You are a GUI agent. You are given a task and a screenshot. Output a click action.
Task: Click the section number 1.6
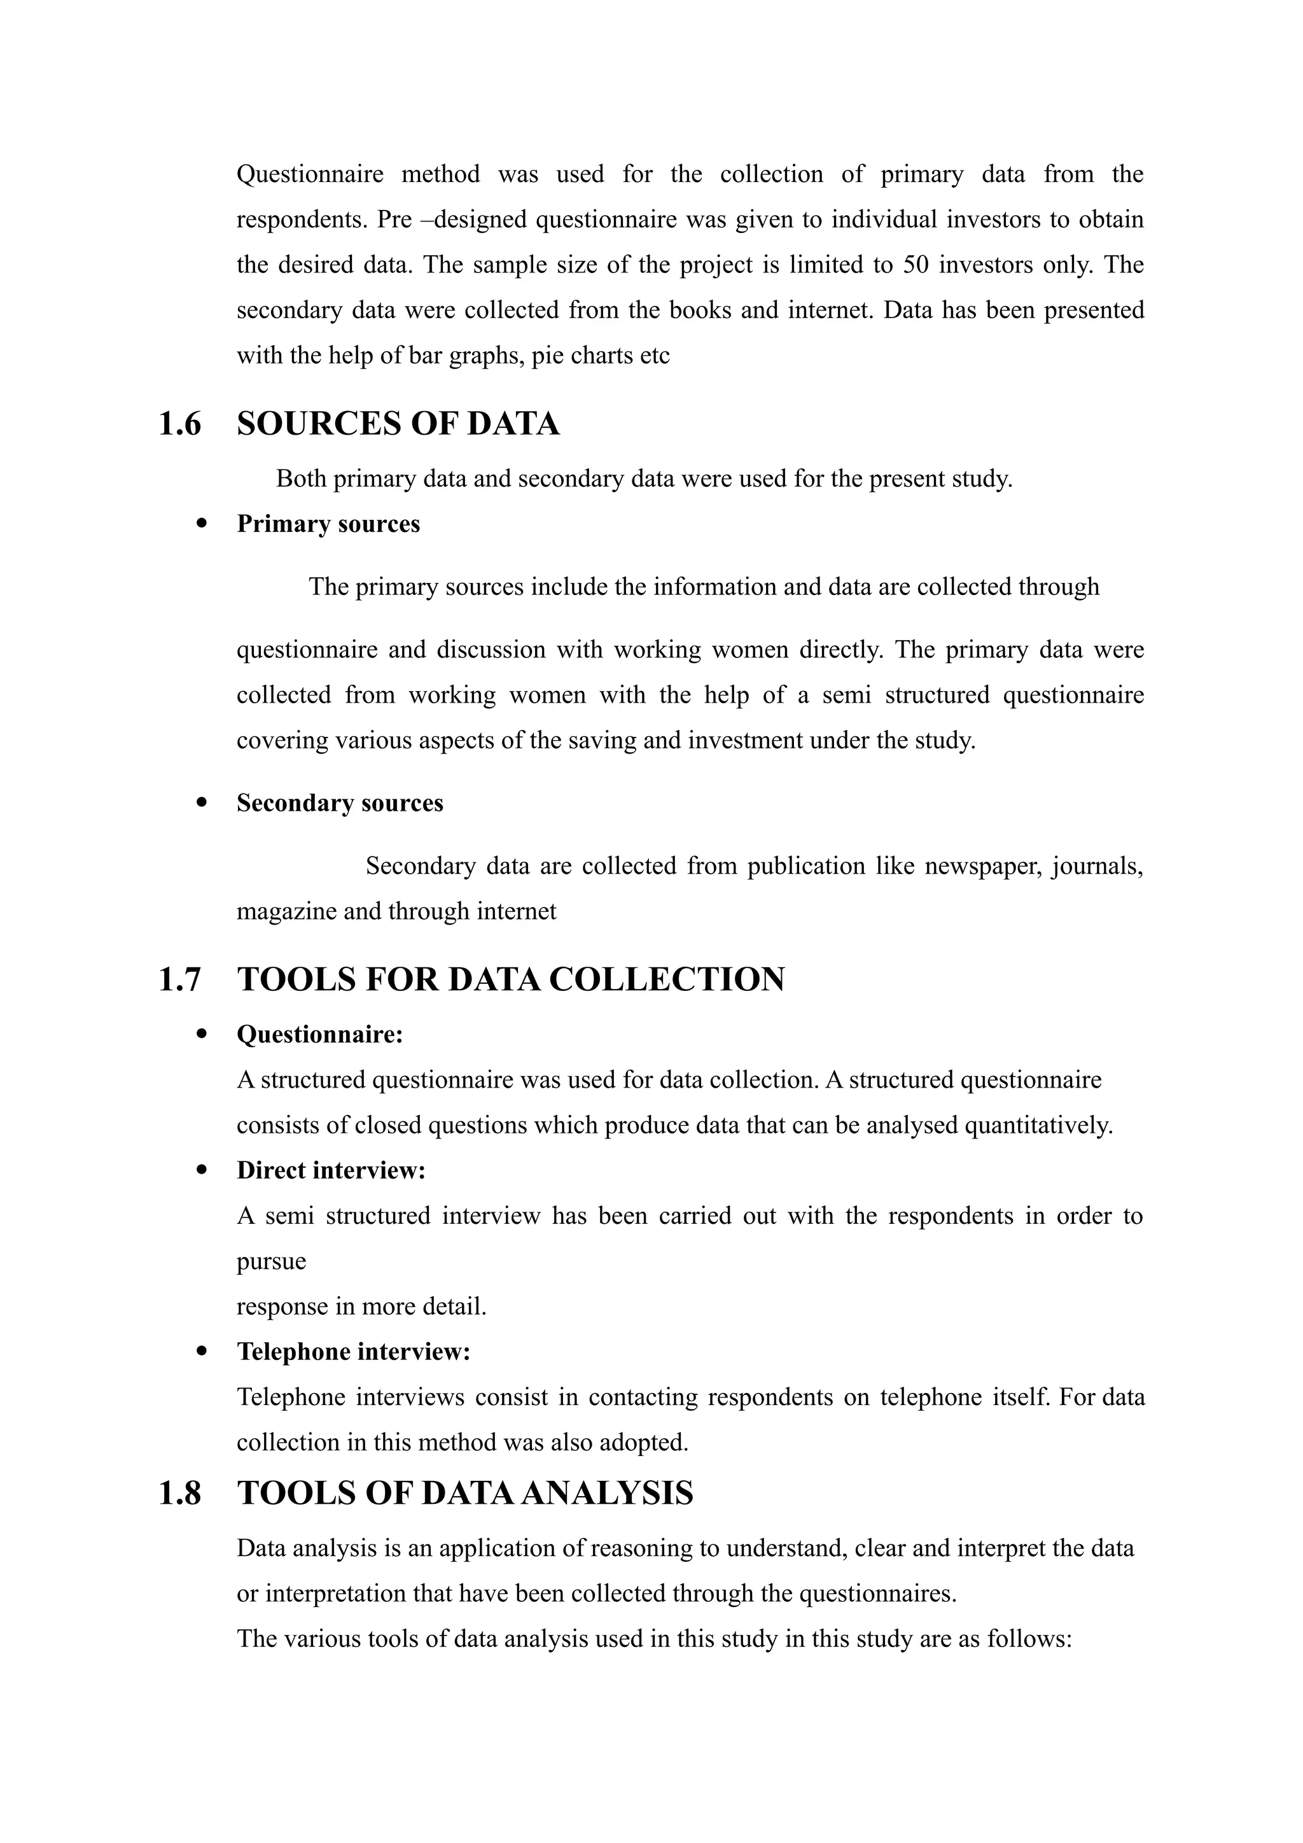pos(179,424)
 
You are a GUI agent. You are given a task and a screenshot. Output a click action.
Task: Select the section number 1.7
pos(179,980)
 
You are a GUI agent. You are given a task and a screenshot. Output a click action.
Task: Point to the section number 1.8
pos(179,1493)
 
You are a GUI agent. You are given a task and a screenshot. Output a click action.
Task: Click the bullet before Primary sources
pos(202,523)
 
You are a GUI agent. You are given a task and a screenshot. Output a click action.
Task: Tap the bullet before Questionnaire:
pos(202,1034)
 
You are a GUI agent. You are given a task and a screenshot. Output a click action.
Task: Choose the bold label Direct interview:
pos(331,1170)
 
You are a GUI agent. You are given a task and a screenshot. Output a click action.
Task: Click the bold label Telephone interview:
pos(353,1352)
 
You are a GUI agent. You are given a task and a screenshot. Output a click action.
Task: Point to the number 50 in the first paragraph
pos(916,265)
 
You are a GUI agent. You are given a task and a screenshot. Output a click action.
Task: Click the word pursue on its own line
pos(271,1261)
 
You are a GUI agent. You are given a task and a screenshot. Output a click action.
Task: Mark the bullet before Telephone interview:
pos(202,1352)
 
